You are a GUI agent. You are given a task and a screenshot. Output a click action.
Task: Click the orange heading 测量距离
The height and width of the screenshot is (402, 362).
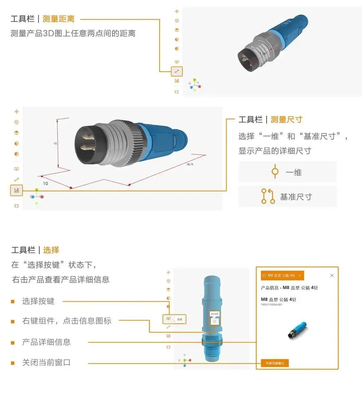point(58,19)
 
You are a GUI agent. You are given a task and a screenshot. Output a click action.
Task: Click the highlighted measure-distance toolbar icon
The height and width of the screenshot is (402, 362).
point(177,71)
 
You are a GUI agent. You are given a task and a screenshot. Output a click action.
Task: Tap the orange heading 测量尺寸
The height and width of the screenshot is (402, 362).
point(286,120)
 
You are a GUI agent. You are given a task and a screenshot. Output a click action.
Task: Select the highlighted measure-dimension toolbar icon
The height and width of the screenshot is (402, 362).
point(16,190)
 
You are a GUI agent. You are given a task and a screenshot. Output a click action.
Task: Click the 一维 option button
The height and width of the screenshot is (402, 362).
point(287,172)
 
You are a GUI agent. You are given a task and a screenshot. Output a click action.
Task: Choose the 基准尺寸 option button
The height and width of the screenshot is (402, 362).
point(287,197)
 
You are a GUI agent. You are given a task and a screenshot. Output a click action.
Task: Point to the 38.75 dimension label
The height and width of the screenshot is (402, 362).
point(190,164)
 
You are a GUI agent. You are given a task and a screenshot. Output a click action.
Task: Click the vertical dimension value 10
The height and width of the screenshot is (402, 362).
point(55,143)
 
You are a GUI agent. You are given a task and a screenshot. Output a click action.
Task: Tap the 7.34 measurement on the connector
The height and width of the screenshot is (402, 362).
point(262,54)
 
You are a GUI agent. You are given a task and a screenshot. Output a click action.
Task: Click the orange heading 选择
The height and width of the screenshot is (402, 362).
point(51,250)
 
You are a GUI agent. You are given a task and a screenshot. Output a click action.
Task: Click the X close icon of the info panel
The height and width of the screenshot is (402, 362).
point(332,275)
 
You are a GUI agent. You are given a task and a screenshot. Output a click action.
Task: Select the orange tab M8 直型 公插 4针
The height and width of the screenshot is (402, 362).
point(282,275)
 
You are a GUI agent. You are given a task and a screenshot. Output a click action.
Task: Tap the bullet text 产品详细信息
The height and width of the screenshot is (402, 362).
point(46,342)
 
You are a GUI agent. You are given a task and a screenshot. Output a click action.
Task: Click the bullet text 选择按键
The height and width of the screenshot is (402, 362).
point(38,301)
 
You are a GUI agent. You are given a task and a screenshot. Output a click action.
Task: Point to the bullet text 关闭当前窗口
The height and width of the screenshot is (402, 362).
point(46,362)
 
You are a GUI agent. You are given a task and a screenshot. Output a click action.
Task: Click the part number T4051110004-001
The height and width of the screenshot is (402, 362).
point(271,305)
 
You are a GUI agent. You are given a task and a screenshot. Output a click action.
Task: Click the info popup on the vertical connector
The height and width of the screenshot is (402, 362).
point(214,318)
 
